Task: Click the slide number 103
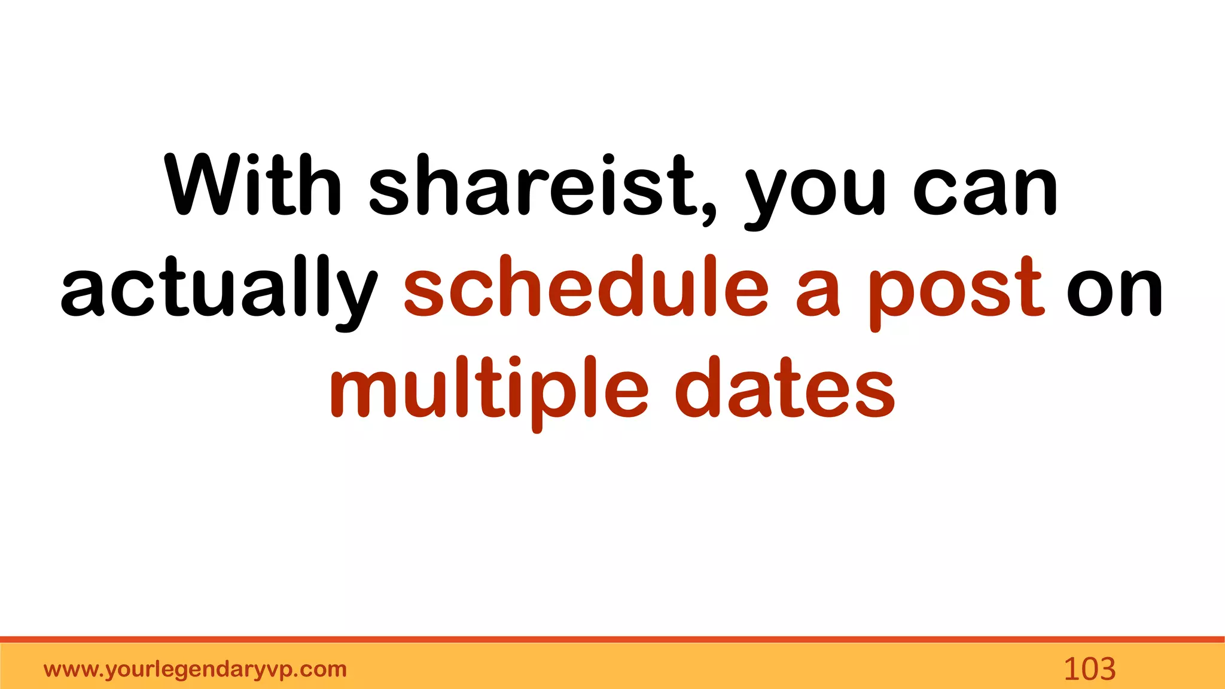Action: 1089,669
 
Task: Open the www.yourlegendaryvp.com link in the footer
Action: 195,669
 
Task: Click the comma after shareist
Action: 709,212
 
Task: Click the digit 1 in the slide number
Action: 1071,669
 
